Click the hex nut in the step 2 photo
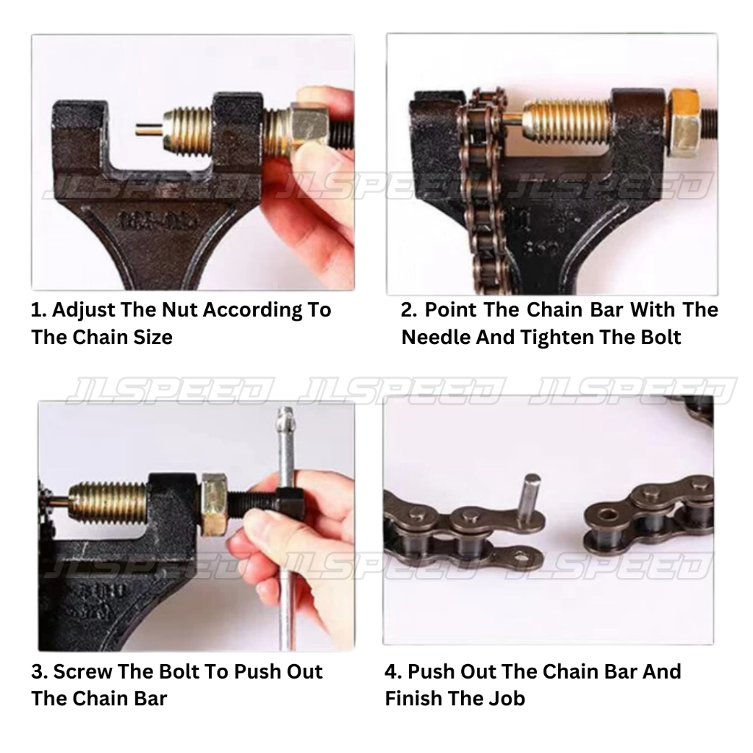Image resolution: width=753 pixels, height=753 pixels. point(683,124)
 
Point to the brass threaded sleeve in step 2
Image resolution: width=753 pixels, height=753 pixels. point(567,123)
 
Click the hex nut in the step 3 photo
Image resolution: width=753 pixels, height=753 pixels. point(215,504)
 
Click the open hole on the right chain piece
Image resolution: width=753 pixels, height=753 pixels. point(610,515)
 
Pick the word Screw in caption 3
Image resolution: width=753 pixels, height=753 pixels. point(82,671)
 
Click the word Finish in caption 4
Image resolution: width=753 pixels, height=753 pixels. point(416,699)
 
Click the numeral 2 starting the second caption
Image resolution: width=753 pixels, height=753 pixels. point(407,310)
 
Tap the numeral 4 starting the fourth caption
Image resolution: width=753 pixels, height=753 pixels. point(390,671)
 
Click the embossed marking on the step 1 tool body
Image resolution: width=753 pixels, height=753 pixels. point(159,221)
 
